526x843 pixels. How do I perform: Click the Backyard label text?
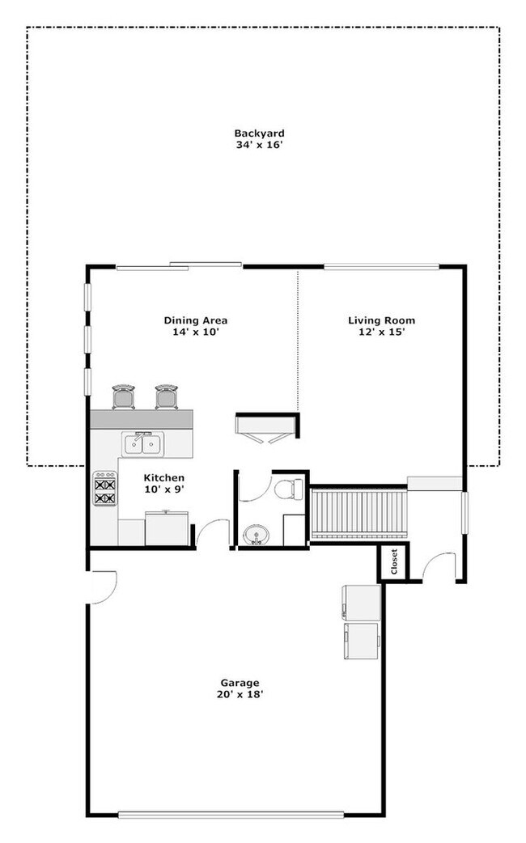(259, 133)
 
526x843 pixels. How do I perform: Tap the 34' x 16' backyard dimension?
(259, 146)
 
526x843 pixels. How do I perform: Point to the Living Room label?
(381, 320)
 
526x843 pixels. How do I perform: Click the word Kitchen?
(164, 478)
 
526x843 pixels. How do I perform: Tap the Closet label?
(394, 561)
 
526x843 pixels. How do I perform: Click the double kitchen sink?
(143, 443)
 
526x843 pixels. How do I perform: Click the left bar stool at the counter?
(124, 396)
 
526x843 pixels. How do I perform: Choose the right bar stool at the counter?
(167, 396)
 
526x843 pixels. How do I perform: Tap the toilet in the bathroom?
(289, 489)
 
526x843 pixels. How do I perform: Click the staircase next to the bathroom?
(358, 512)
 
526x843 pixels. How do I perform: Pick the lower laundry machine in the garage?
(362, 642)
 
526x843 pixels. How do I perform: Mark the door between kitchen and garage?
(212, 534)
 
